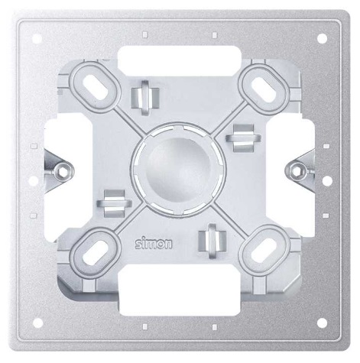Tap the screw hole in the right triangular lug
(298, 164)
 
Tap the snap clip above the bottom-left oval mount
(113, 202)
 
